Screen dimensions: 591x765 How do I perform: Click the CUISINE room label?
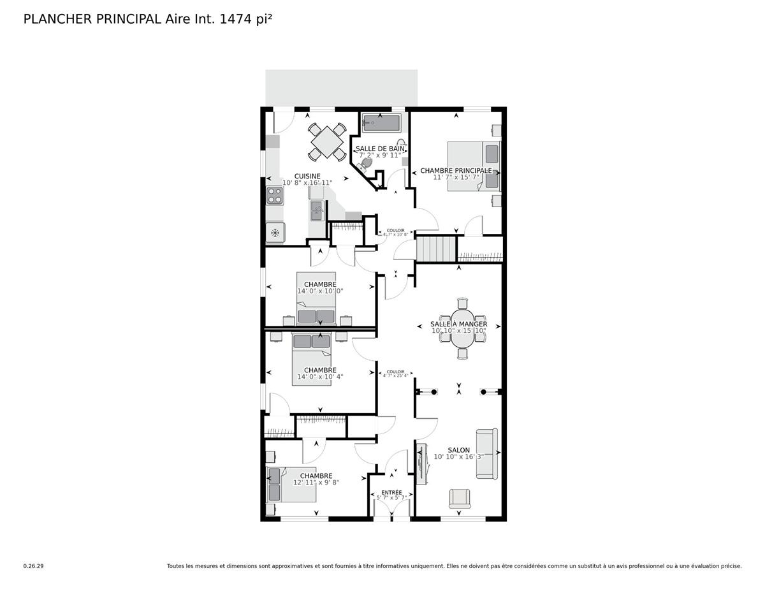click(x=307, y=176)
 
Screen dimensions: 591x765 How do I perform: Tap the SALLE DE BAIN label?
click(x=380, y=149)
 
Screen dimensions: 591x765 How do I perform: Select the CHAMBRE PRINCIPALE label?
click(x=456, y=171)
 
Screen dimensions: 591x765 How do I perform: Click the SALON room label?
click(x=459, y=450)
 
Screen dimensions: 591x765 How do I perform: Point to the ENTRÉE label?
click(x=391, y=492)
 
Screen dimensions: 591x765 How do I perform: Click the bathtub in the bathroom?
click(x=381, y=123)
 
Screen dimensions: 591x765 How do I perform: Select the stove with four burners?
click(x=275, y=195)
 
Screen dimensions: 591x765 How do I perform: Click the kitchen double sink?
click(x=317, y=210)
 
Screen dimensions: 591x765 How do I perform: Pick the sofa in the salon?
click(x=488, y=453)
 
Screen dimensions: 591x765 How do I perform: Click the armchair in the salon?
click(x=459, y=498)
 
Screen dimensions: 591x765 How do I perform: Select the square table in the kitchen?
click(x=326, y=141)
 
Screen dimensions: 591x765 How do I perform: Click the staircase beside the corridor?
click(x=437, y=248)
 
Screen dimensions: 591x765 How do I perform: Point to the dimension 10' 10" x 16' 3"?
click(x=459, y=456)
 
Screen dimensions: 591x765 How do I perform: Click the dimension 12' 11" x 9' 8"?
click(x=316, y=483)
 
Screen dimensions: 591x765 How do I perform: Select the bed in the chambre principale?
click(x=473, y=166)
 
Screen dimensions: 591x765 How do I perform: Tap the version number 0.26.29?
click(x=33, y=565)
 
